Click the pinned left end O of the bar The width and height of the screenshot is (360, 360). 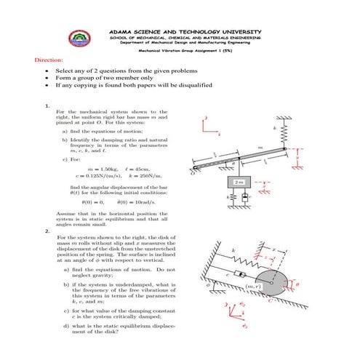tap(194, 171)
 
